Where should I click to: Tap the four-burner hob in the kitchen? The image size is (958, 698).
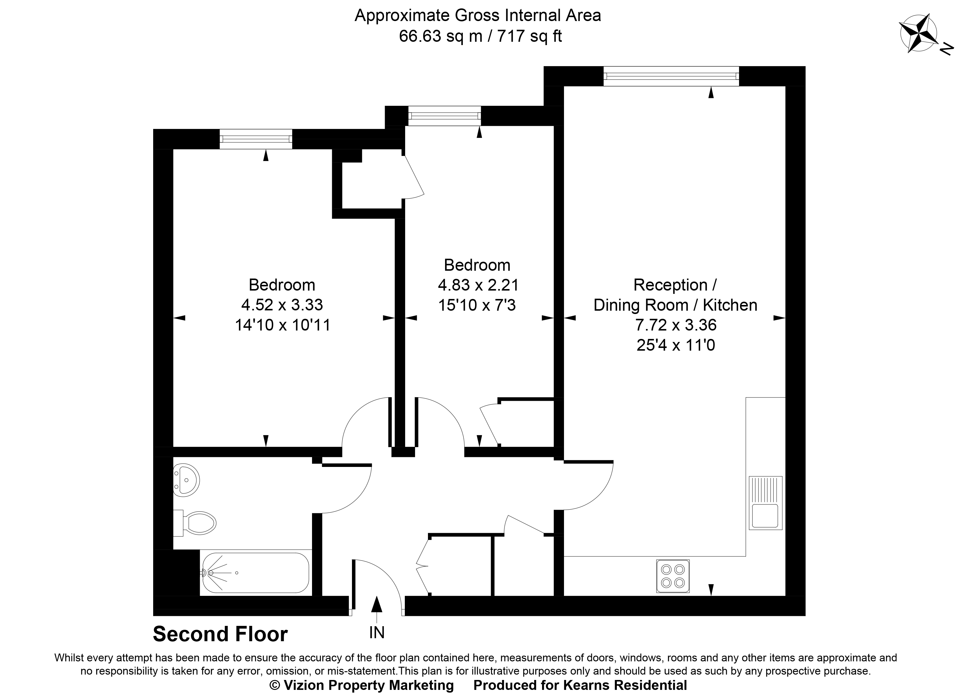coord(673,576)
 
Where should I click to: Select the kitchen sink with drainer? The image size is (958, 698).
coord(765,503)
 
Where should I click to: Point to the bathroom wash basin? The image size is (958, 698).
coord(186,480)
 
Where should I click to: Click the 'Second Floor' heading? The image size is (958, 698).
coord(220,634)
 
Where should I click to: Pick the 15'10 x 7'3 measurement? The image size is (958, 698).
coord(477,305)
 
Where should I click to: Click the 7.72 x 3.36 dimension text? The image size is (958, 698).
coord(676,325)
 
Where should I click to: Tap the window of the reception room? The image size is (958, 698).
coord(671,77)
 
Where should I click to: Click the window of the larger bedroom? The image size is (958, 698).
coord(256,139)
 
